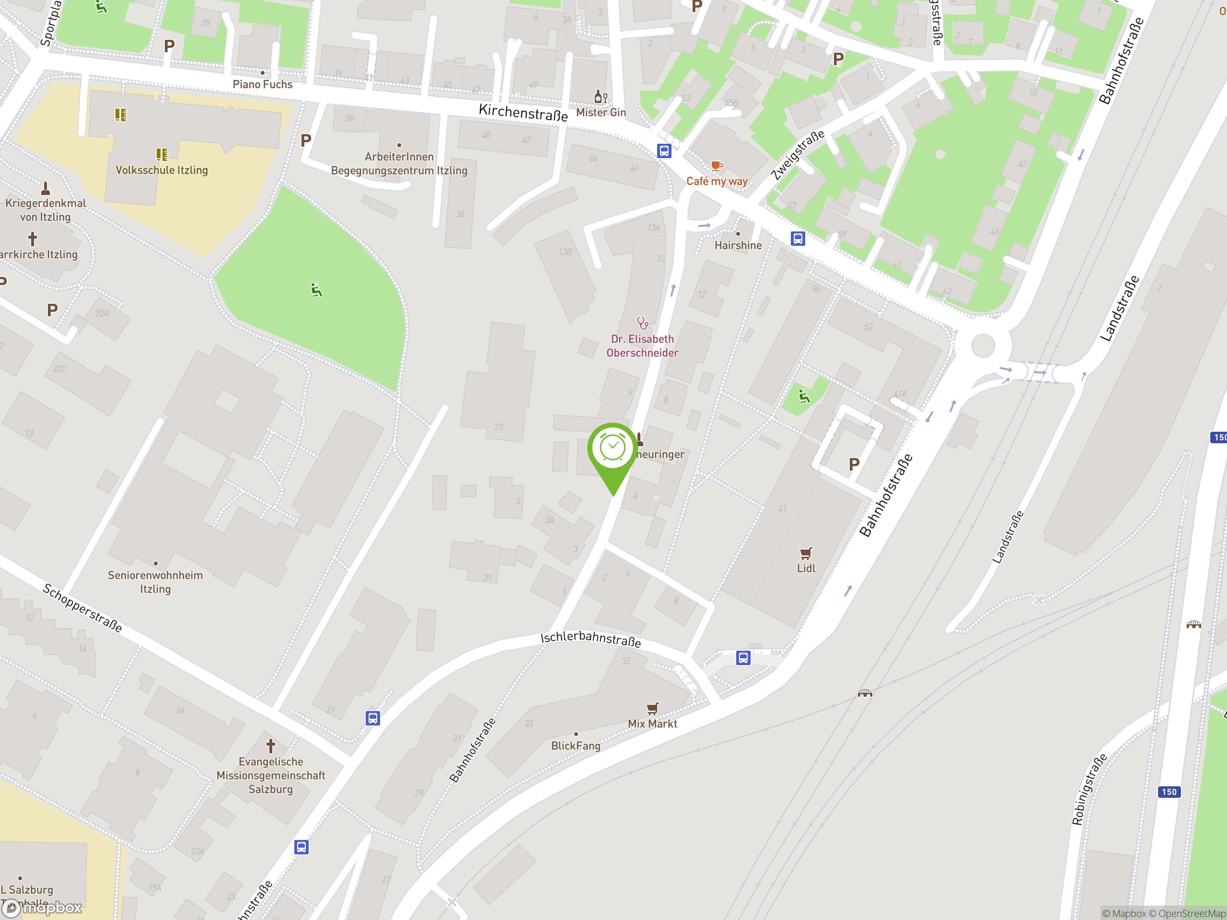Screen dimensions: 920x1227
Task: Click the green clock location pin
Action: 613,449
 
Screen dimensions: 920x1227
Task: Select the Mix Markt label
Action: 652,724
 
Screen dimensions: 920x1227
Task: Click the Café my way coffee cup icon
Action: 717,165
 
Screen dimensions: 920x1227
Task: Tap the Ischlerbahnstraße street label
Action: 591,639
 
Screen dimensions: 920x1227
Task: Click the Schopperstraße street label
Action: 82,608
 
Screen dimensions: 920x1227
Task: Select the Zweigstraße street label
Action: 798,155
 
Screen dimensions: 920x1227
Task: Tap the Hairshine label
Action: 738,245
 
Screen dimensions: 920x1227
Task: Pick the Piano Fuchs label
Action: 262,84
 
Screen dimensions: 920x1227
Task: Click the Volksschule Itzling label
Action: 162,170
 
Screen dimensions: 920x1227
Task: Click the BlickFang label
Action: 576,746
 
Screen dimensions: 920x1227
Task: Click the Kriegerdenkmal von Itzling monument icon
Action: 46,188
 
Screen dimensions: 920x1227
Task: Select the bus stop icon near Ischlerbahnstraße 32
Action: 743,658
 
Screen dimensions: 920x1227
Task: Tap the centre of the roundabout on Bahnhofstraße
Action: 983,345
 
